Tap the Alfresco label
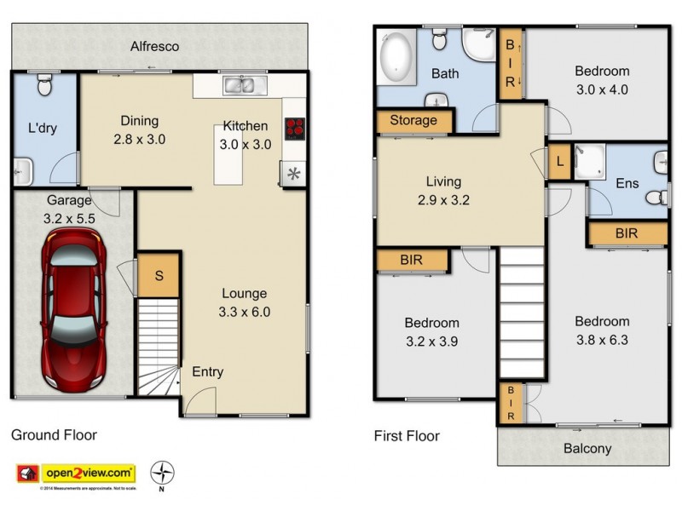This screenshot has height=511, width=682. pyautogui.click(x=154, y=46)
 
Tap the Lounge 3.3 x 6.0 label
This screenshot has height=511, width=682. pyautogui.click(x=245, y=302)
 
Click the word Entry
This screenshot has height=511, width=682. pyautogui.click(x=207, y=371)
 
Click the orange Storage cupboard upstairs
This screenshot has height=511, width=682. pyautogui.click(x=413, y=121)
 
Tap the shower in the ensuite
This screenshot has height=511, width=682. pyautogui.click(x=588, y=163)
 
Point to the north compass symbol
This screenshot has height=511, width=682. pyautogui.click(x=162, y=473)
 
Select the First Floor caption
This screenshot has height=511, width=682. pyautogui.click(x=407, y=436)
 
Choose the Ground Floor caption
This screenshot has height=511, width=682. pyautogui.click(x=54, y=435)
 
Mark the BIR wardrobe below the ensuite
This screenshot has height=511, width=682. pyautogui.click(x=627, y=233)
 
